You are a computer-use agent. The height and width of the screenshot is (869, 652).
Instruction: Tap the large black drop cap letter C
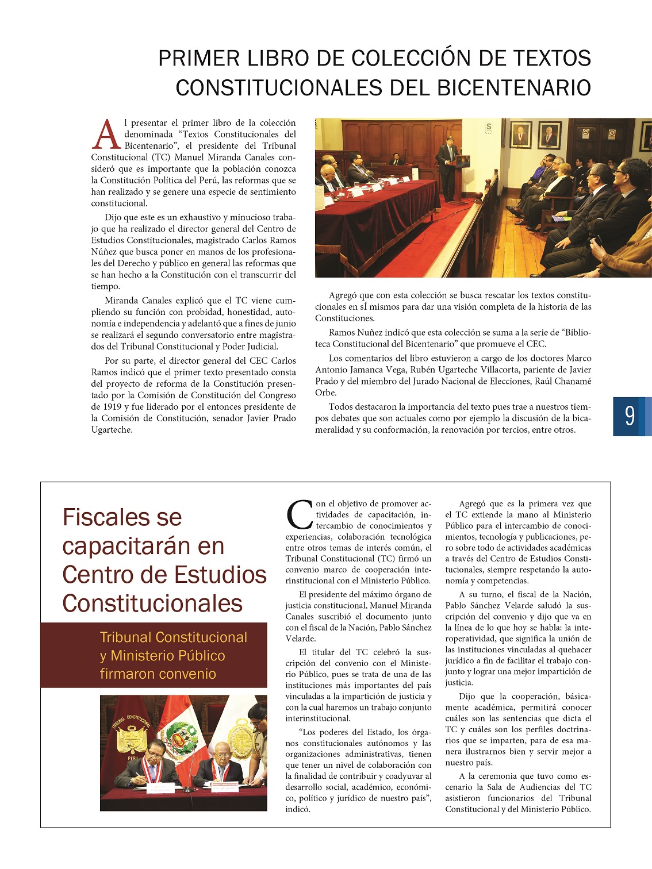(299, 515)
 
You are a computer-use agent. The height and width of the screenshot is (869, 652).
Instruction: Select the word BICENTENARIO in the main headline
(514, 88)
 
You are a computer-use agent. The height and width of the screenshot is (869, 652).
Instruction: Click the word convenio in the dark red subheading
(187, 674)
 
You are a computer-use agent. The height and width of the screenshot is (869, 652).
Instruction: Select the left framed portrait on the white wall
(521, 135)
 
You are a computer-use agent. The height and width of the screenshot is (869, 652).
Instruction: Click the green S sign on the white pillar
(489, 127)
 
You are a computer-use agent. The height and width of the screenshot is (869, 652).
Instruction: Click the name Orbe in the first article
(326, 393)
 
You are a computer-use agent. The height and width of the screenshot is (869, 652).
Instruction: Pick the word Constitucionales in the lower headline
(152, 603)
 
